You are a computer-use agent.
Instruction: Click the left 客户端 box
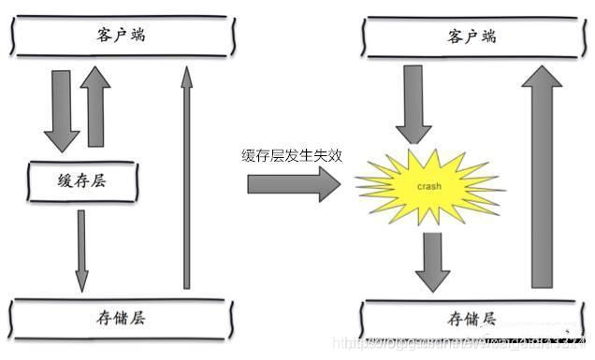tap(121, 36)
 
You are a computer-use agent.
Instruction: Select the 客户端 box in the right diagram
tap(471, 36)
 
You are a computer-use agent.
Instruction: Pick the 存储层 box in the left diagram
tap(121, 317)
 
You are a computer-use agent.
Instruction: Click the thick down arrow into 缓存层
tap(62, 112)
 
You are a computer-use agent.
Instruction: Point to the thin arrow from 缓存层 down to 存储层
tap(81, 249)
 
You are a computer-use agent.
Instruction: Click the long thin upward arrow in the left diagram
tap(186, 178)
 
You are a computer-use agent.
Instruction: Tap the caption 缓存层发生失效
tap(291, 156)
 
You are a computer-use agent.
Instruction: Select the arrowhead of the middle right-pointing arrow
tap(328, 184)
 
